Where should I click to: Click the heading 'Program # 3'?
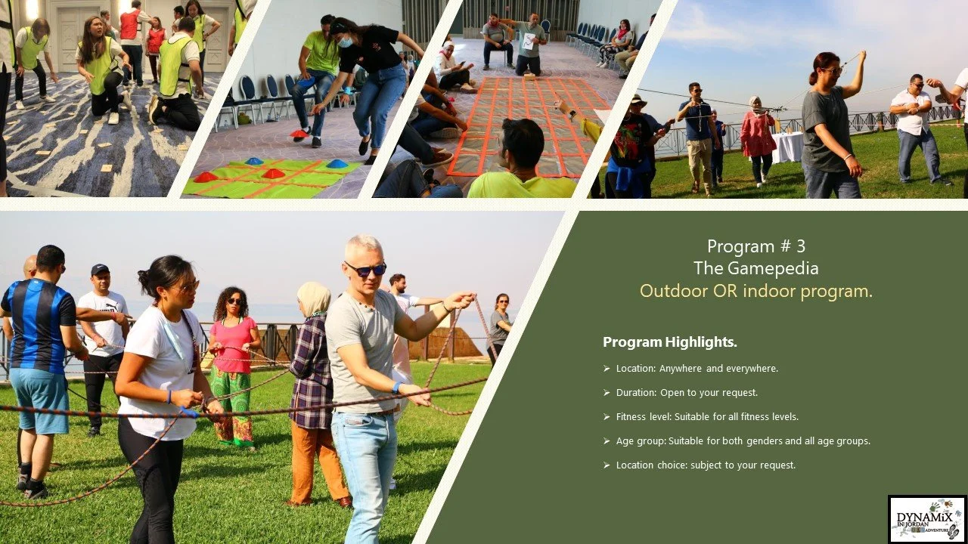click(x=756, y=246)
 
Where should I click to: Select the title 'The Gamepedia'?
click(x=756, y=268)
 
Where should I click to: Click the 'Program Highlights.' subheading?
click(x=669, y=342)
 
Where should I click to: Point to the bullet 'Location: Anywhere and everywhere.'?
click(x=697, y=369)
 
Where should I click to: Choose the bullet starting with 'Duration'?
click(x=687, y=393)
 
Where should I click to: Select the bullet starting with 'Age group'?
click(x=743, y=440)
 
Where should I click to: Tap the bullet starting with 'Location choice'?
click(x=706, y=465)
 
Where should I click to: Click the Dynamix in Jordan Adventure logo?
click(x=927, y=519)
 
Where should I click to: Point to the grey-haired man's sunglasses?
click(x=365, y=269)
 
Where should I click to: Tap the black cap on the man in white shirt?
click(x=100, y=269)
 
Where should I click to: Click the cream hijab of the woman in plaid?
click(x=312, y=297)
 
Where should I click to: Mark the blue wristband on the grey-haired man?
click(x=396, y=387)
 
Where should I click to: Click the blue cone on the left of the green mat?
click(x=254, y=161)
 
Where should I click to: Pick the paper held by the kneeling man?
click(x=529, y=42)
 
